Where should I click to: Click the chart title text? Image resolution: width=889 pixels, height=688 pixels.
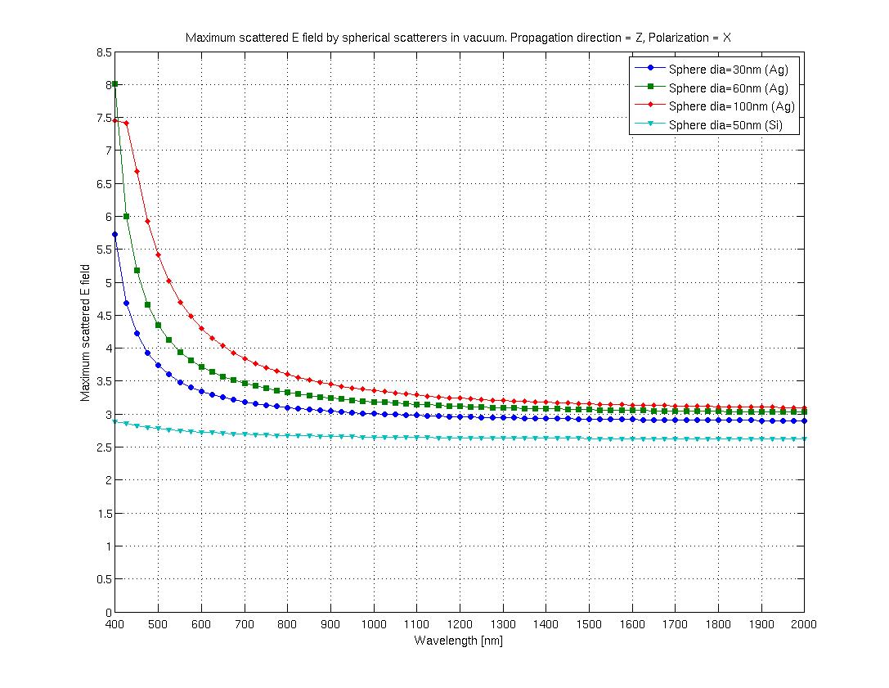pos(458,38)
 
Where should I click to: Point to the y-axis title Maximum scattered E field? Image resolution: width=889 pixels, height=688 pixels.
pos(85,331)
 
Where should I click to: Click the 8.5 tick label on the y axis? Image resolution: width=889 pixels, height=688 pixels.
pos(102,52)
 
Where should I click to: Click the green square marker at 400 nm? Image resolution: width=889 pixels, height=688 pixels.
pos(115,84)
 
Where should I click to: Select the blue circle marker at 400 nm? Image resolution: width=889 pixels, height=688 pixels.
pos(115,235)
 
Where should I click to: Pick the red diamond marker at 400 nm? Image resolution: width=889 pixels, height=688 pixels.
pos(115,121)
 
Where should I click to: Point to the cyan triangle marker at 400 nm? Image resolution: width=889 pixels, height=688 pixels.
pos(115,421)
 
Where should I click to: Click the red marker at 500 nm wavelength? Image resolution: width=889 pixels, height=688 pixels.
pos(159,255)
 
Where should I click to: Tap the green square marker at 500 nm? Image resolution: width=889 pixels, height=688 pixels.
pos(159,325)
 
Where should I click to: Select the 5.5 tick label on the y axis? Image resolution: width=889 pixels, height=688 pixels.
pos(102,250)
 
